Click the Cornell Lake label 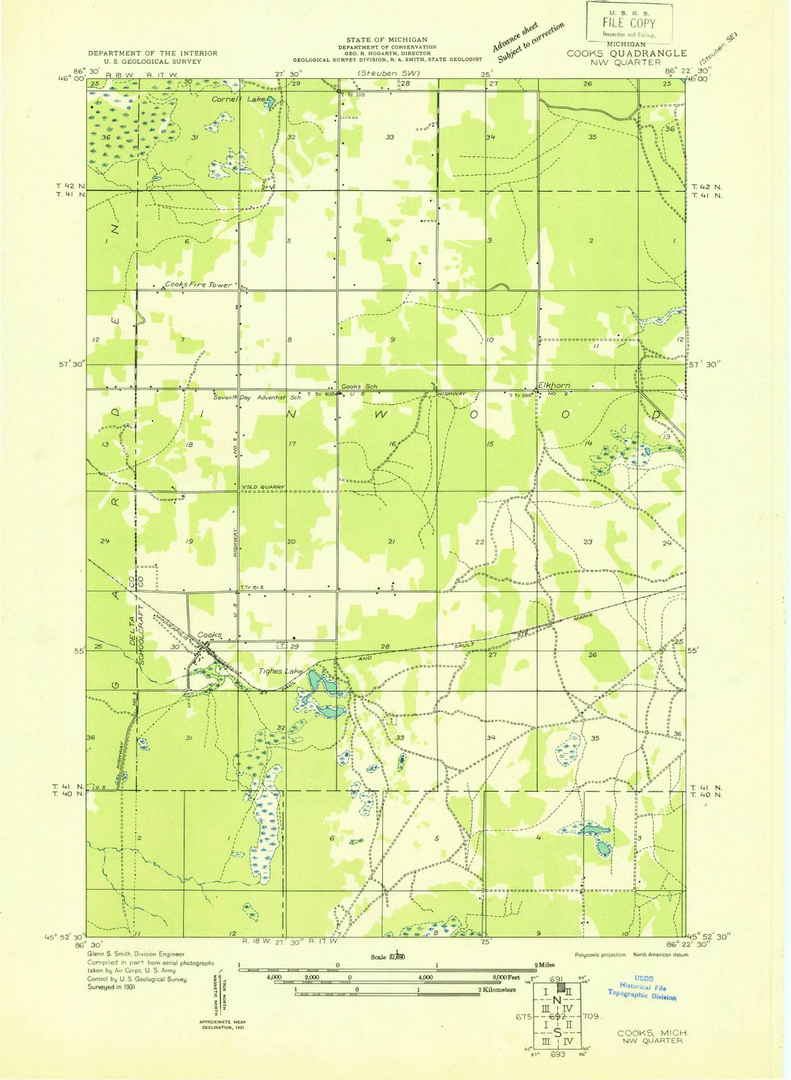tap(230, 99)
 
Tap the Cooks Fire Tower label tap(198, 285)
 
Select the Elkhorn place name tap(553, 385)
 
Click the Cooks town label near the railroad tap(209, 635)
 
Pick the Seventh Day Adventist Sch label tap(257, 398)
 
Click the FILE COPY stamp tap(628, 22)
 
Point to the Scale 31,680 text tap(387, 956)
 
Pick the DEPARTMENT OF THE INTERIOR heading tap(153, 53)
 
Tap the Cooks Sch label tap(359, 386)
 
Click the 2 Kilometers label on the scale tap(497, 990)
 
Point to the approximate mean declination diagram tap(222, 999)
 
